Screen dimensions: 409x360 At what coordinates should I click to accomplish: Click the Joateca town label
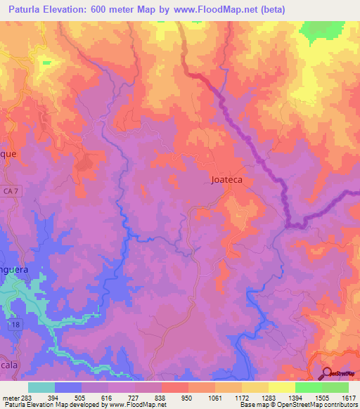tap(231, 179)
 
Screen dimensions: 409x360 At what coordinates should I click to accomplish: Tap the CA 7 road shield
tap(8, 192)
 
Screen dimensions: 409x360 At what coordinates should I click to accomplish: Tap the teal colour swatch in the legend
tap(41, 387)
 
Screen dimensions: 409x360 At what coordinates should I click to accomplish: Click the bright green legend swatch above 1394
tap(309, 387)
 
